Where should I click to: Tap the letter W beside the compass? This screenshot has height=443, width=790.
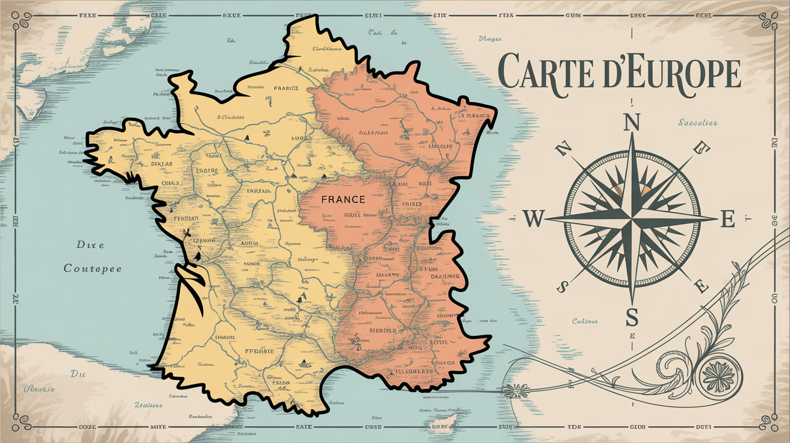point(532,219)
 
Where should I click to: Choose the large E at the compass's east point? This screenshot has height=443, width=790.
point(727,220)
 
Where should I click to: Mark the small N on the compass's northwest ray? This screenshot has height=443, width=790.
point(564,147)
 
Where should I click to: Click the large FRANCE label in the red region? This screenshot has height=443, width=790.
point(343,199)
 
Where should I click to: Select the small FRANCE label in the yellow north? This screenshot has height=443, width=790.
point(286,88)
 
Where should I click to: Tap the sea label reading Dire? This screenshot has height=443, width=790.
point(90,245)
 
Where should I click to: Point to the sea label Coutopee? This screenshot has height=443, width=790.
point(93,268)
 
